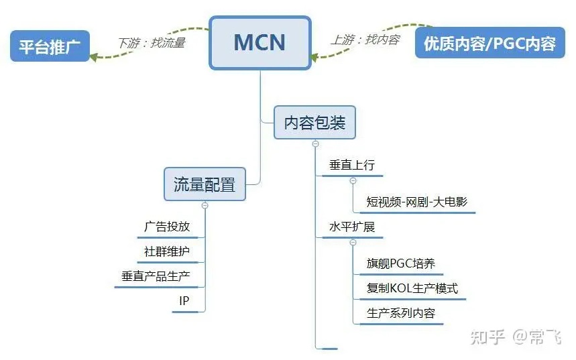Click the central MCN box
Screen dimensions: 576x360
[x=260, y=43]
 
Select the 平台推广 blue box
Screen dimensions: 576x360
[x=50, y=46]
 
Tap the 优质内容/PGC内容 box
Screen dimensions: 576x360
[x=489, y=43]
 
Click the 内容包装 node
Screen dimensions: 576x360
[x=314, y=123]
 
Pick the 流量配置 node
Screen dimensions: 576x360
[x=205, y=184]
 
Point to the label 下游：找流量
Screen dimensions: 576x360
[x=152, y=43]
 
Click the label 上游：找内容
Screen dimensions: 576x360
[x=365, y=40]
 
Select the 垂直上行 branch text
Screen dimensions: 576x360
[x=352, y=166]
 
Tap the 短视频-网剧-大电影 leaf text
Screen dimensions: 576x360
[x=416, y=202]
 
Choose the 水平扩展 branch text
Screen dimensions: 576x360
[x=352, y=227]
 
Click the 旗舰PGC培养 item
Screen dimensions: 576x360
[x=400, y=263]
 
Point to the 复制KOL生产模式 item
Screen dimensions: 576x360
[x=412, y=288]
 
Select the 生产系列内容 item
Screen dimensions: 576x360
[x=400, y=313]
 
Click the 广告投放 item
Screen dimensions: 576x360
[x=167, y=227]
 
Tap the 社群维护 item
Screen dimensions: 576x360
[x=167, y=251]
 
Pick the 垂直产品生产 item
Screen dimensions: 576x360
[x=156, y=276]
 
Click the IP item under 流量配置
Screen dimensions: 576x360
[x=184, y=301]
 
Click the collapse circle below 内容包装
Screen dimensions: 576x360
[x=316, y=143]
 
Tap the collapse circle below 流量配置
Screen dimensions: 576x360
[x=205, y=205]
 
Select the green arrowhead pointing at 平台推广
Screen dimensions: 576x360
[x=94, y=57]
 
